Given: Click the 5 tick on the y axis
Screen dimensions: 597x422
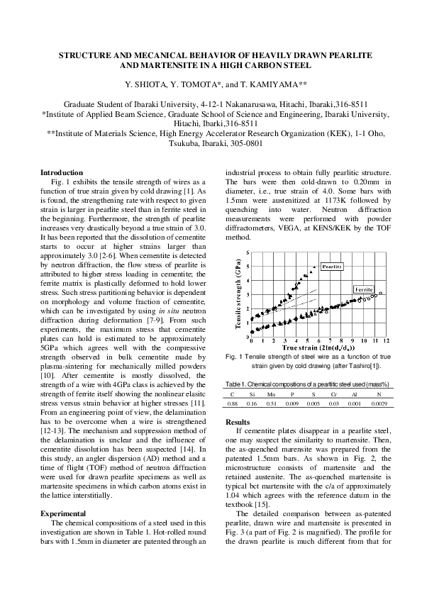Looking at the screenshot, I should [247, 253].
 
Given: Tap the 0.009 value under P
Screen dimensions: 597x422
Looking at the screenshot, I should [292, 403].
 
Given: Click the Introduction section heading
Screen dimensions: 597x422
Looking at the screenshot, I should [62, 172].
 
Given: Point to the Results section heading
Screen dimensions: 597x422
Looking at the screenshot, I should [238, 421].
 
